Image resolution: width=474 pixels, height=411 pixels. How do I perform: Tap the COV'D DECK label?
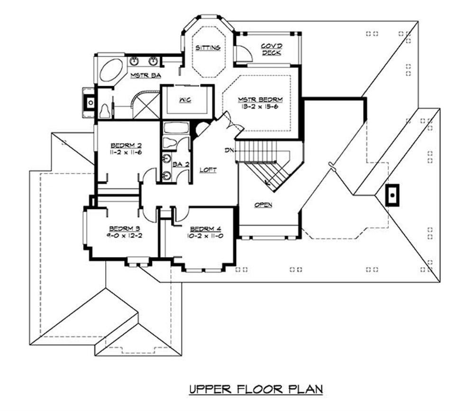pos(271,49)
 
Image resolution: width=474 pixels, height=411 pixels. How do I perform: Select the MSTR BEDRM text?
pos(260,100)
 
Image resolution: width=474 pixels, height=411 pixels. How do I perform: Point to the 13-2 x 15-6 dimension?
pos(260,107)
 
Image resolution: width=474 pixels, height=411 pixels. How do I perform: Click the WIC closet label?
pos(185,100)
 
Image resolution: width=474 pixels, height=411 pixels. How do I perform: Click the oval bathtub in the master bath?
pos(112,71)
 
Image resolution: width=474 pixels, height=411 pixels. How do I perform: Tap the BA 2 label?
pos(178,164)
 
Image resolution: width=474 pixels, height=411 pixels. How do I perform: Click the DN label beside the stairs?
pos(230,150)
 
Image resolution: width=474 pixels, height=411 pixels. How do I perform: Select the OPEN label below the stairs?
pos(263,205)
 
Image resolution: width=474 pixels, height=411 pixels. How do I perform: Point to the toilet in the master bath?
pos(105,111)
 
